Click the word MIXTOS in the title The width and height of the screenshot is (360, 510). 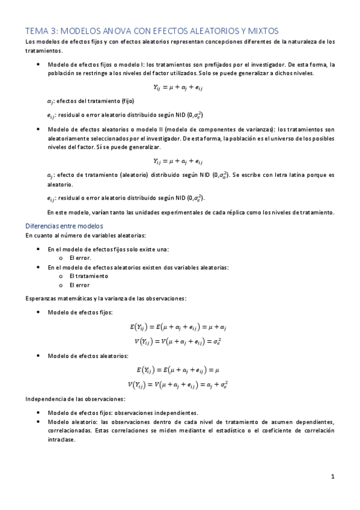click(260, 30)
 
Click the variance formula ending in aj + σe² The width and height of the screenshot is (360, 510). click(178, 384)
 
